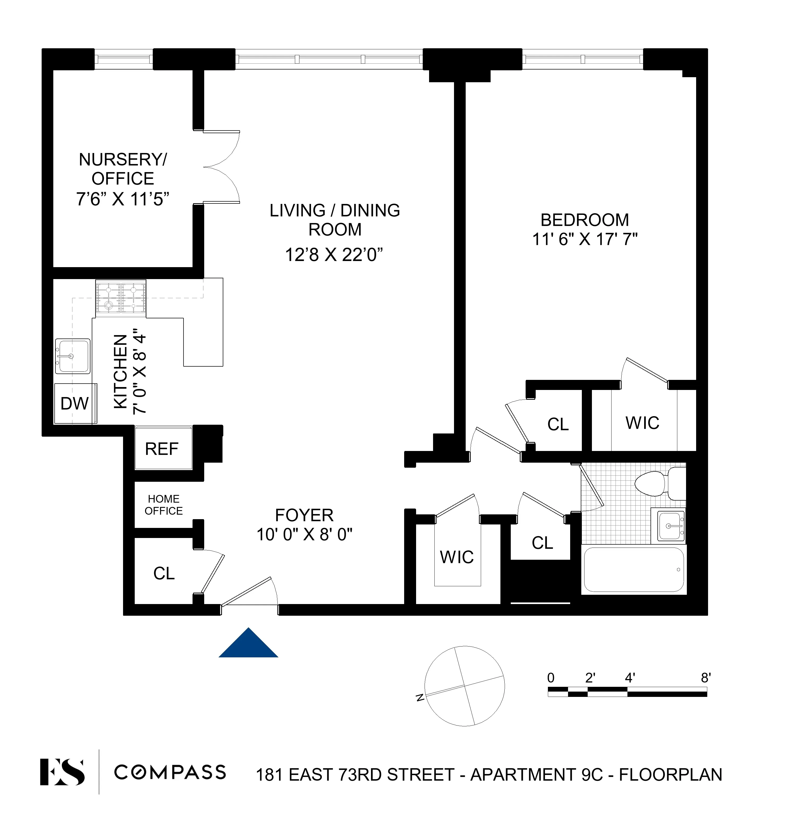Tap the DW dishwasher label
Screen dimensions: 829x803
point(75,403)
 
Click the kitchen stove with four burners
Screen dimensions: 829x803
point(121,297)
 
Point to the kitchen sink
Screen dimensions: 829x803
point(72,356)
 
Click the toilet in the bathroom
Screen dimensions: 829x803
point(660,483)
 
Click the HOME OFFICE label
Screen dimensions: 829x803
point(164,505)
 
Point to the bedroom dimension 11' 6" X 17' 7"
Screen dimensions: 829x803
point(584,239)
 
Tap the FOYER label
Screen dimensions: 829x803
point(304,515)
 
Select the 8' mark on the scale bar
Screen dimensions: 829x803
point(705,678)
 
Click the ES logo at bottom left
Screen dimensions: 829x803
point(62,772)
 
